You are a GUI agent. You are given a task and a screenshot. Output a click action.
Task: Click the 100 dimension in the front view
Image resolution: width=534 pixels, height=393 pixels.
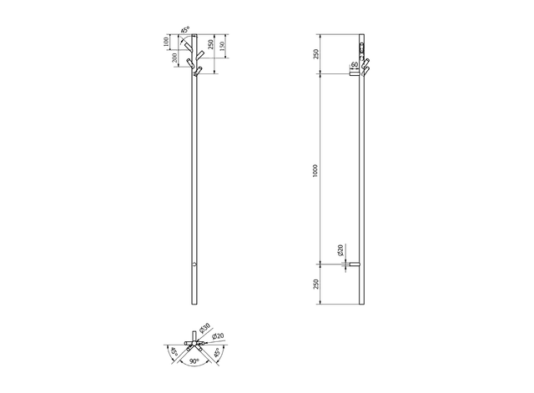click(x=168, y=40)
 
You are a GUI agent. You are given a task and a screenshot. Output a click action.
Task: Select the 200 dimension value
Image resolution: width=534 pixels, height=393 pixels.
click(x=174, y=58)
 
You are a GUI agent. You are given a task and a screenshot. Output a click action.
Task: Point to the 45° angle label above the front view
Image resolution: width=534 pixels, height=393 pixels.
click(x=186, y=30)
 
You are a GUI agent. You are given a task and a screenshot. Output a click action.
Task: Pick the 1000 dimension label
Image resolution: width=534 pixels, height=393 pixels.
click(x=314, y=169)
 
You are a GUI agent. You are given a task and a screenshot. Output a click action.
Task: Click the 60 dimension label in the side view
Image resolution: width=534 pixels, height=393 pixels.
click(x=355, y=64)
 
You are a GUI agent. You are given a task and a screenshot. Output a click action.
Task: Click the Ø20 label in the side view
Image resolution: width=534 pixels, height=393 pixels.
click(x=340, y=249)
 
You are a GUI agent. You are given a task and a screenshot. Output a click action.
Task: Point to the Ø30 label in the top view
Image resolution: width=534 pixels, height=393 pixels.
click(x=205, y=329)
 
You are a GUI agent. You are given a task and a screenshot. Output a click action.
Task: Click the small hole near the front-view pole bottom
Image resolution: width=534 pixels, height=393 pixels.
click(x=194, y=265)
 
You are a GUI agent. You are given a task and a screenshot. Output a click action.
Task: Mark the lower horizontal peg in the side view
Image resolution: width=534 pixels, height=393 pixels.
click(x=353, y=265)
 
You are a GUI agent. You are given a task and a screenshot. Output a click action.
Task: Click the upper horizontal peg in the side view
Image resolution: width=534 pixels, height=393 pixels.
click(x=354, y=73)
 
